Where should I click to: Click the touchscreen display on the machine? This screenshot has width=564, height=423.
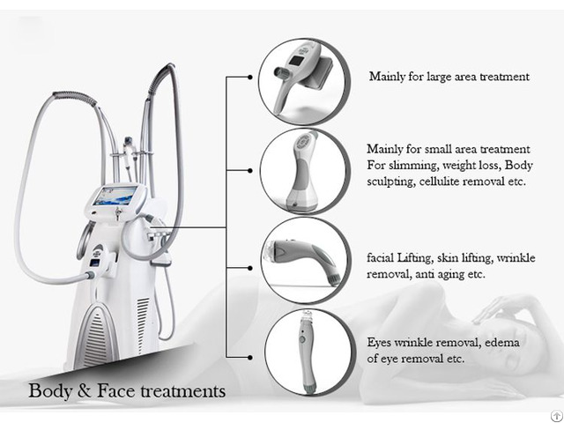[x=115, y=196]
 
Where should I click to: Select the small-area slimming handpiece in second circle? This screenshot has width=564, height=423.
[x=303, y=172]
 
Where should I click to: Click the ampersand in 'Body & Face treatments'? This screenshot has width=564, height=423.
[x=85, y=391]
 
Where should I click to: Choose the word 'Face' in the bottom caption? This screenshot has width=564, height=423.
[x=116, y=391]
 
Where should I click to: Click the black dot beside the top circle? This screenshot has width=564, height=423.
[x=250, y=77]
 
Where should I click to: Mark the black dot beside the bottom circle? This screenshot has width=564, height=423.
[x=250, y=357]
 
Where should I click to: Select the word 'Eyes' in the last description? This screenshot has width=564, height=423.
[x=379, y=343]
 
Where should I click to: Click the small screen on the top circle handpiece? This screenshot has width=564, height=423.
[x=298, y=61]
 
